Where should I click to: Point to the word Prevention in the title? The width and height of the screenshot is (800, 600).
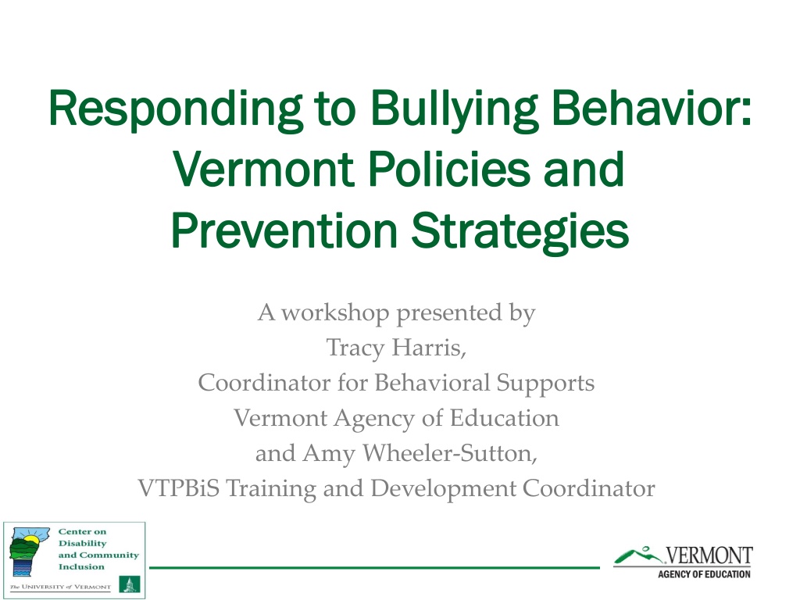284,230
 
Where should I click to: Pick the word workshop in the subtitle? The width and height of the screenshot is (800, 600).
335,312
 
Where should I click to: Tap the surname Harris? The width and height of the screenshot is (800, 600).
429,348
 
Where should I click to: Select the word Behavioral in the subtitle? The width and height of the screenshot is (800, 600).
432,383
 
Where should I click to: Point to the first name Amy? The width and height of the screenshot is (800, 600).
329,454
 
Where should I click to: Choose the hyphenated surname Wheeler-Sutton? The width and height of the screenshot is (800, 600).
449,453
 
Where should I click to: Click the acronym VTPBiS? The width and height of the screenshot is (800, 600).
179,488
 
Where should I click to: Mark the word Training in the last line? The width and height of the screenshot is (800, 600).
271,489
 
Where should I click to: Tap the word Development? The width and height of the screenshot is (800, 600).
444,489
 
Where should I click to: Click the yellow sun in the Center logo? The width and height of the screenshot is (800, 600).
31,540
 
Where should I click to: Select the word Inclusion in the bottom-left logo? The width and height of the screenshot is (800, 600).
81,567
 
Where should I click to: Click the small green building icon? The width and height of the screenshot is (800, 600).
129,584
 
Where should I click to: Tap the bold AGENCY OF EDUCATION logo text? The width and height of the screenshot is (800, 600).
704,574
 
